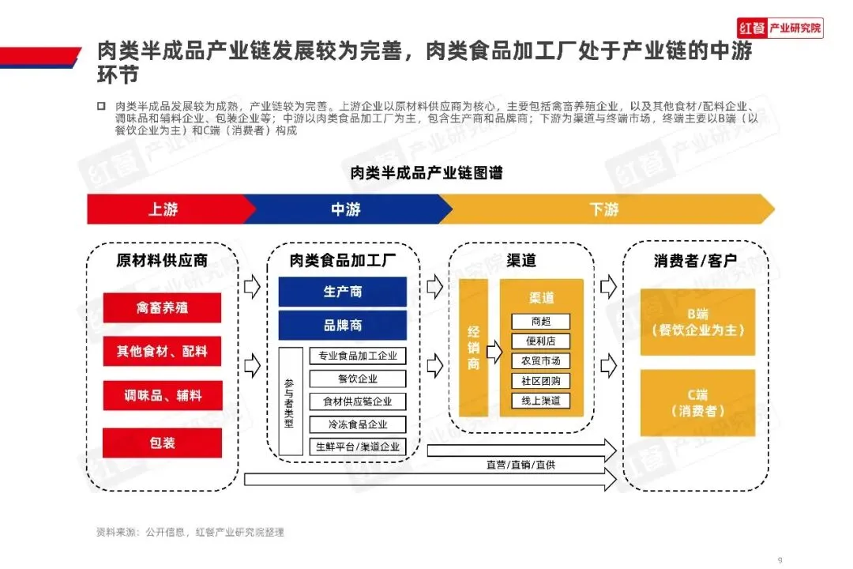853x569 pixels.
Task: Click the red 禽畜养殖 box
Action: coord(162,307)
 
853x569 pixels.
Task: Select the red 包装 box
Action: coord(162,443)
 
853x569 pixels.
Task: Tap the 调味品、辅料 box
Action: coord(162,397)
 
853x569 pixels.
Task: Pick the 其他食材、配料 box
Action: coord(162,352)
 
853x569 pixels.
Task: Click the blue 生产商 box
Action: coord(342,292)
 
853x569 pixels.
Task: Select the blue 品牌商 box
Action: coord(342,325)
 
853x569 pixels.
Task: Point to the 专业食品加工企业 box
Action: coord(358,356)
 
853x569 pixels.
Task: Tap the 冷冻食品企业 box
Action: coord(358,424)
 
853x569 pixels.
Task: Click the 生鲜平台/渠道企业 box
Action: coord(358,447)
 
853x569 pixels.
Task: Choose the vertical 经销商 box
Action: coord(473,348)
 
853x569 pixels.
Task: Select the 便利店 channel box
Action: coord(540,341)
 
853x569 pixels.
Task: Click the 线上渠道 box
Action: coord(540,401)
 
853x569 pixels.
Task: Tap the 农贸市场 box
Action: coord(540,361)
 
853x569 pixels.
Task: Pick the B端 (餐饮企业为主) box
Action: coord(697,322)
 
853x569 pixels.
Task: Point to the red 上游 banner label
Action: coord(163,209)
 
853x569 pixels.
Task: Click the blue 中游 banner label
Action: coord(345,209)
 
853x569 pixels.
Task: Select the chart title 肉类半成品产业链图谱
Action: coord(426,172)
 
